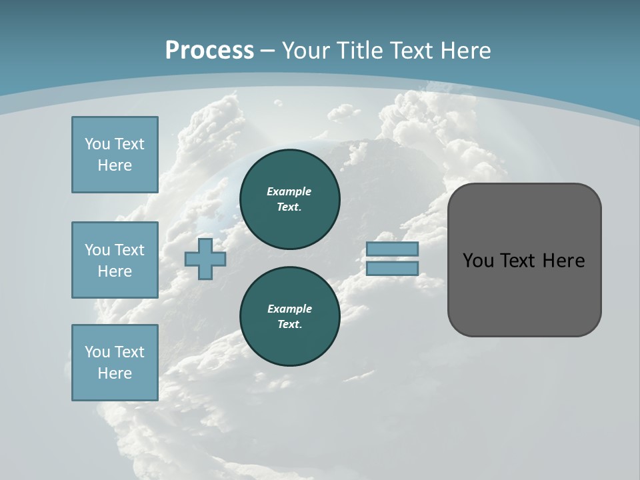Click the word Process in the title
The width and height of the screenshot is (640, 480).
coord(209,51)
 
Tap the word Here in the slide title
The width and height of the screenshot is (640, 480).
coord(465,51)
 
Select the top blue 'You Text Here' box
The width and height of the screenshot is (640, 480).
coord(115,155)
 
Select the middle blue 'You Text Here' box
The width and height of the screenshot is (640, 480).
coord(115,260)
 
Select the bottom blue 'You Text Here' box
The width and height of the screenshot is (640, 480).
coord(115,363)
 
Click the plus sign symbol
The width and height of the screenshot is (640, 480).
coord(205,259)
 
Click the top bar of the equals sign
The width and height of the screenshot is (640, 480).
coord(393,249)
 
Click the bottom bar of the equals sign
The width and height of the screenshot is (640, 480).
coord(393,268)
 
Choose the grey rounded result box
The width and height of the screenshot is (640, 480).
coord(524,293)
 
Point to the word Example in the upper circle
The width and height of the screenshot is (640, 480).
coord(289,191)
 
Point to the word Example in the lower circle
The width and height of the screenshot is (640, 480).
coord(289,309)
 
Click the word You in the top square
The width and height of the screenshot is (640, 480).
coord(97,144)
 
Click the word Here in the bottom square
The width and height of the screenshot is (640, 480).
coord(115,373)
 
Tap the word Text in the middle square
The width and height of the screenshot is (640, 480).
coord(129,250)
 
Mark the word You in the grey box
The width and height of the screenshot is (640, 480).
coord(477,261)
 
